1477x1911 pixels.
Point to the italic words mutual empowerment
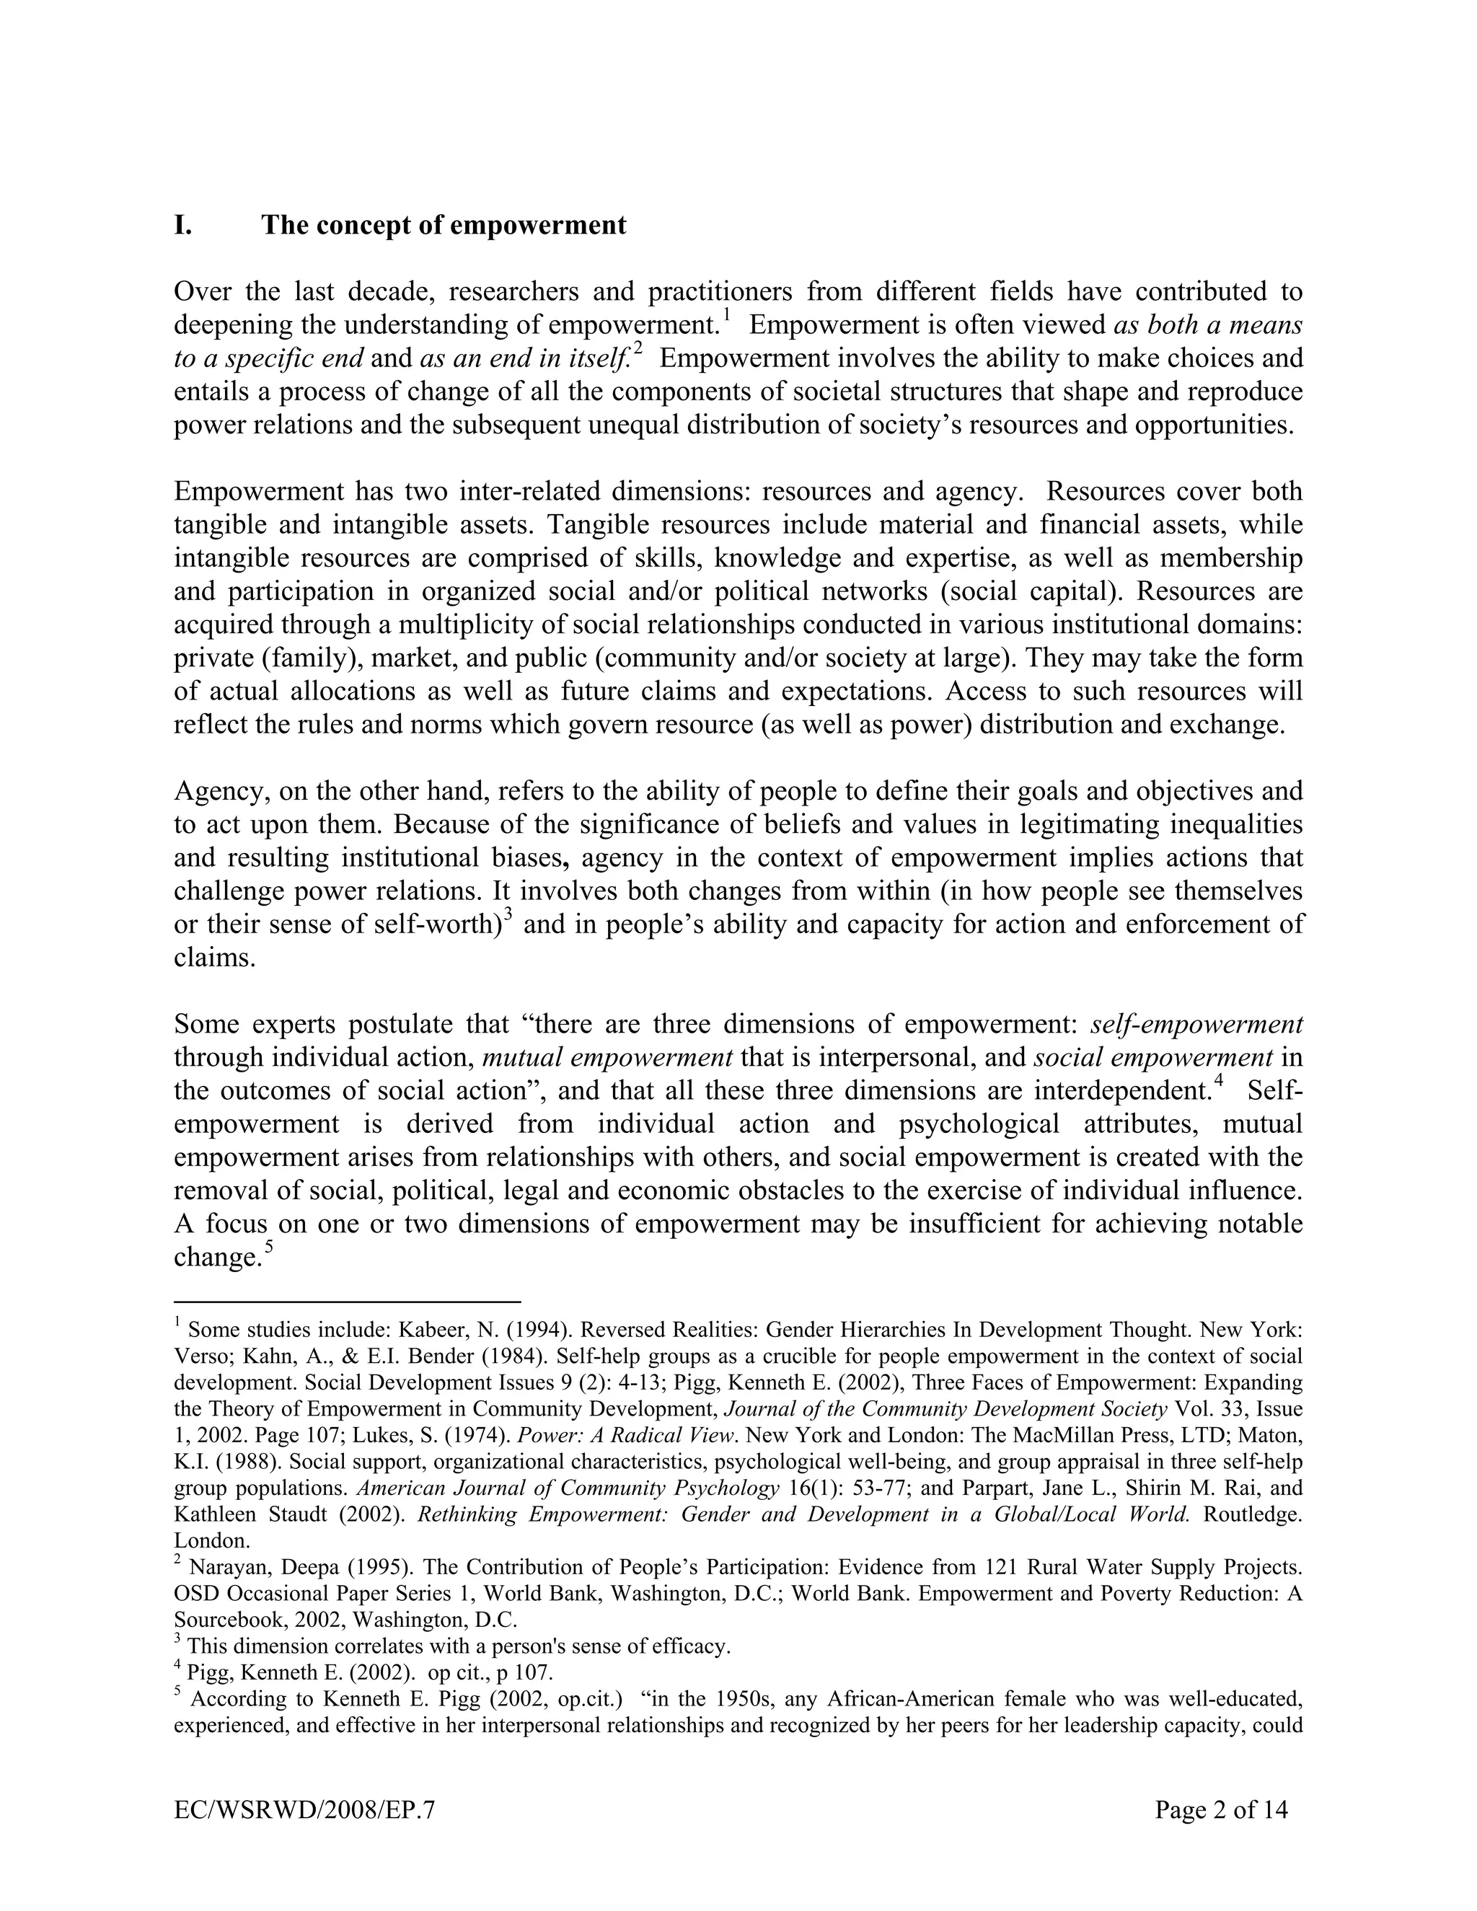(x=607, y=1057)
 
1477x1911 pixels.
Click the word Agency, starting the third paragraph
(x=213, y=791)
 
